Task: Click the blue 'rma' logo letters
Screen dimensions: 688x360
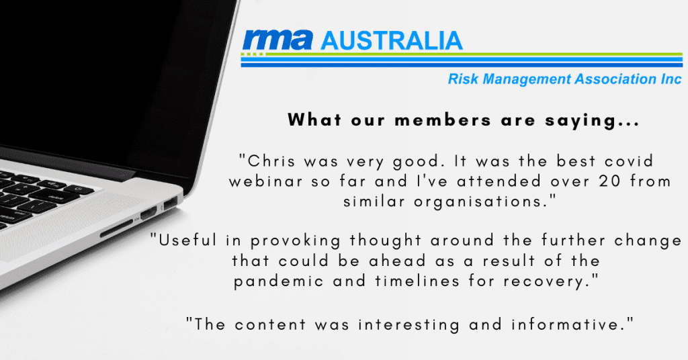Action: (277, 40)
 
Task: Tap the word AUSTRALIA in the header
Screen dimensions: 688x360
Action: (392, 41)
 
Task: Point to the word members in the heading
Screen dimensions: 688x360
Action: (443, 120)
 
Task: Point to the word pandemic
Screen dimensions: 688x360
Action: (278, 281)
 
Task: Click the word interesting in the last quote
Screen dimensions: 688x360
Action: (409, 324)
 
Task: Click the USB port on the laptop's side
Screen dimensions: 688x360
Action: (170, 203)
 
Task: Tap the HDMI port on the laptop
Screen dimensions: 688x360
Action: (148, 214)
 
